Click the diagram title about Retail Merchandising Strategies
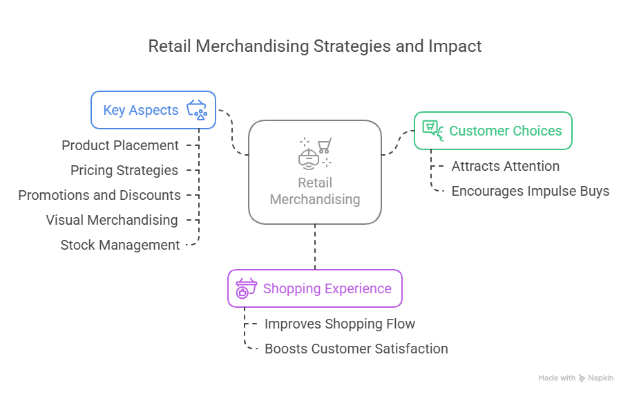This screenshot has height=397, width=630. click(314, 46)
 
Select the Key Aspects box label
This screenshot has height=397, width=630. click(140, 110)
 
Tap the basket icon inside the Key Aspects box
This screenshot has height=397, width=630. click(197, 110)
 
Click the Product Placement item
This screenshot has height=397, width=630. click(120, 146)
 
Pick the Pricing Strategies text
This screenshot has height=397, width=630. click(124, 170)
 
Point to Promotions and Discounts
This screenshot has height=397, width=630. click(99, 195)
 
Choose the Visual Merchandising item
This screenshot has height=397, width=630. click(112, 220)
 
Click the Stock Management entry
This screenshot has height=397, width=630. click(120, 245)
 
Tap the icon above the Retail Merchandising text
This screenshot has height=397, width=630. click(315, 152)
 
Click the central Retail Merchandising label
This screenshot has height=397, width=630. click(315, 192)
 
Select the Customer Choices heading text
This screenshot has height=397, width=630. click(506, 131)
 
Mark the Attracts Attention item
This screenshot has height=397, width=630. click(506, 166)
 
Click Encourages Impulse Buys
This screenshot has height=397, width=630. click(531, 191)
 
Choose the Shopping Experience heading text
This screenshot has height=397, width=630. click(327, 288)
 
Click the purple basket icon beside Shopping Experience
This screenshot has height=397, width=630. click(245, 288)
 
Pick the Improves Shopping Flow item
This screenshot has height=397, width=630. click(340, 324)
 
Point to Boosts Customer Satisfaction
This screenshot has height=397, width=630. click(356, 349)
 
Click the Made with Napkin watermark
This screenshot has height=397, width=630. click(575, 378)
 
